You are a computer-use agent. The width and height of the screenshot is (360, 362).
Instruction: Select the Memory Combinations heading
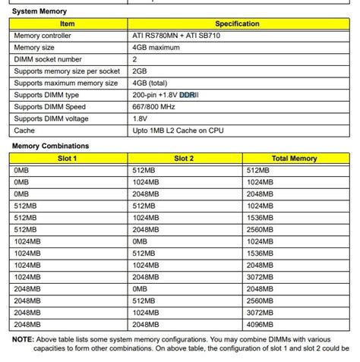(x=51, y=146)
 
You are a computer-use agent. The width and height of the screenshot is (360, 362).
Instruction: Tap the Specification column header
(x=238, y=24)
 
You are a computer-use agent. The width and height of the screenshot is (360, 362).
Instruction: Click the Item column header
(x=68, y=24)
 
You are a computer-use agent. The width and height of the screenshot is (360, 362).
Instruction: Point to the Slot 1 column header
(x=69, y=159)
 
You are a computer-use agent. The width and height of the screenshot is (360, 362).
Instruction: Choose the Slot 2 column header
(x=184, y=159)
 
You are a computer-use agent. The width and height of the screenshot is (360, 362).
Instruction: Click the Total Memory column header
(x=293, y=159)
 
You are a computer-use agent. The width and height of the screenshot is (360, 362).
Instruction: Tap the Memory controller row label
(x=43, y=36)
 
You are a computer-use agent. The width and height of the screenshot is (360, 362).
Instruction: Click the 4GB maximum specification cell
(x=156, y=47)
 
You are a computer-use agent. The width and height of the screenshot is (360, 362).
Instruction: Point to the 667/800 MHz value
(x=156, y=107)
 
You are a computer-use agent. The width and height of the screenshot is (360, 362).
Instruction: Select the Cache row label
(x=25, y=131)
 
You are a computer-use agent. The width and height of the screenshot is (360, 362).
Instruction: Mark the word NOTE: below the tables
(x=22, y=339)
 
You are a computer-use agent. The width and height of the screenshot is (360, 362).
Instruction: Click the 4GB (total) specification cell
(x=152, y=83)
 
